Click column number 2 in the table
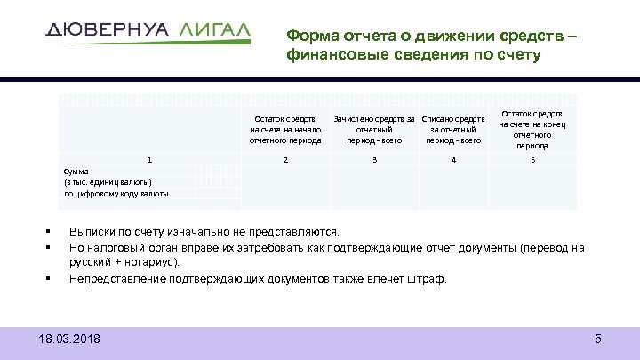click(284, 160)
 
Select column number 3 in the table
click(374, 160)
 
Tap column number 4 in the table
click(453, 160)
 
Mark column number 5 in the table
click(533, 160)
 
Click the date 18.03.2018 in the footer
click(70, 339)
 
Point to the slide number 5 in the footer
click(598, 339)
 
